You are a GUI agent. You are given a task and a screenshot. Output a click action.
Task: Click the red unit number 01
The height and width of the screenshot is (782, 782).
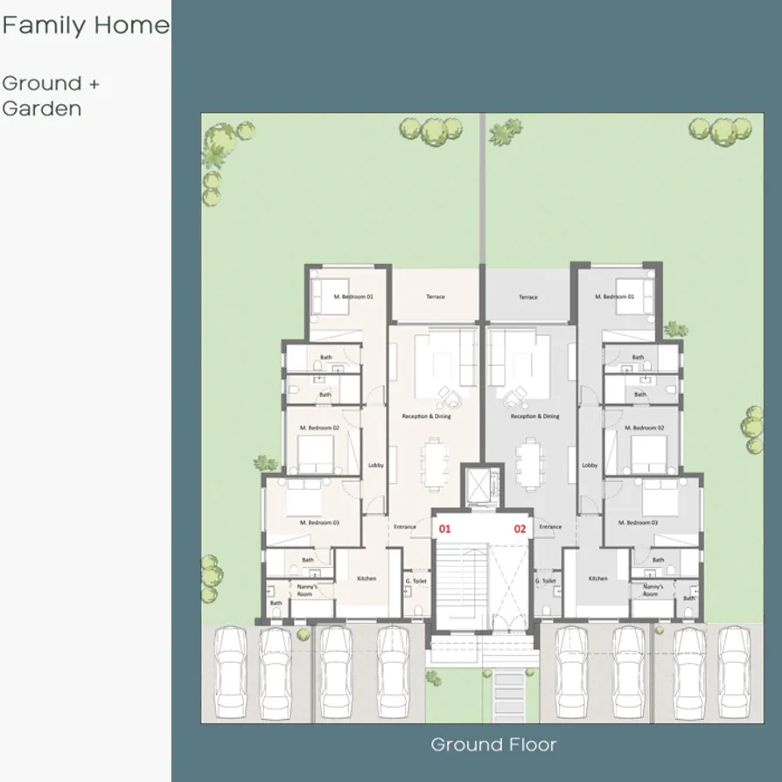445,528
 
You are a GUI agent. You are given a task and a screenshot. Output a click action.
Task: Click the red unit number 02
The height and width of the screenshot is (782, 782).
520,528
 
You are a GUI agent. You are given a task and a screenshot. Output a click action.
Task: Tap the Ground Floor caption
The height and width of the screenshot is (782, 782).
493,745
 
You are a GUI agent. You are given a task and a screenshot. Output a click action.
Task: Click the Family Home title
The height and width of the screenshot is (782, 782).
85,25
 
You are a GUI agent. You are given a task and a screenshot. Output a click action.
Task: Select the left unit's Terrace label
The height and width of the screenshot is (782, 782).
436,297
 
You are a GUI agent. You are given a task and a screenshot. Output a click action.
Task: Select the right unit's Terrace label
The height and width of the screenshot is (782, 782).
528,297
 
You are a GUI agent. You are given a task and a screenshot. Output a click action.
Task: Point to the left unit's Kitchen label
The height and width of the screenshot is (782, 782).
367,578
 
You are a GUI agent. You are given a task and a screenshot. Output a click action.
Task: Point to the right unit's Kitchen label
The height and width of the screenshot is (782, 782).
597,578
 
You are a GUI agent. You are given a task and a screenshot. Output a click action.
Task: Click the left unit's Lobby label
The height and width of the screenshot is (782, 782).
376,465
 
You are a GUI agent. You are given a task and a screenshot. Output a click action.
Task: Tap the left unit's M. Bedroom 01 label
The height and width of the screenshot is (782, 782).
353,297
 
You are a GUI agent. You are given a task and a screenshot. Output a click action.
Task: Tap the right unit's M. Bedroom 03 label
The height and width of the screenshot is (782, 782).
638,522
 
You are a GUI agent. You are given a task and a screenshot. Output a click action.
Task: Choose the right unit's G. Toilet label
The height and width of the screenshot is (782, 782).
546,580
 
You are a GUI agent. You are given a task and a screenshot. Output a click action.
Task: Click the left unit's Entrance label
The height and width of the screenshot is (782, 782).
404,527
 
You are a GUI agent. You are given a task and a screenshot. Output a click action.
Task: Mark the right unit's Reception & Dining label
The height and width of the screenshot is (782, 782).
534,416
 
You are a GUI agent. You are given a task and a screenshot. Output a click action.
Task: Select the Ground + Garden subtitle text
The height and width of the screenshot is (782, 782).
51,96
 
